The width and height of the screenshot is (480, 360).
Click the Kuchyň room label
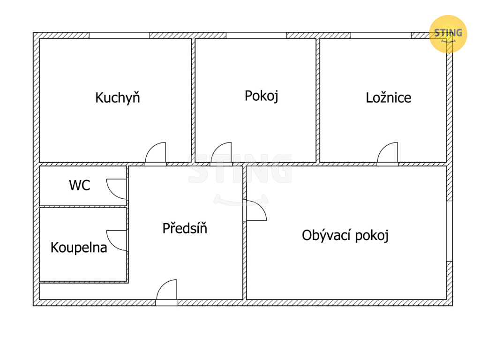click(x=118, y=97)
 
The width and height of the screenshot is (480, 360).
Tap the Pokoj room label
click(x=262, y=96)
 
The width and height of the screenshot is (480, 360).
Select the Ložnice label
click(x=389, y=97)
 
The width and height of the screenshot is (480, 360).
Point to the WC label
click(x=80, y=185)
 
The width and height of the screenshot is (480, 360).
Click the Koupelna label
click(x=79, y=247)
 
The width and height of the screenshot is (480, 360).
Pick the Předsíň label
click(x=185, y=228)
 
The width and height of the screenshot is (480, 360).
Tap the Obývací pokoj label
click(x=345, y=235)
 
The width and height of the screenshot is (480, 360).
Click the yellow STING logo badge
click(x=448, y=34)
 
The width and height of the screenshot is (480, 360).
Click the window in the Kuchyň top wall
click(x=120, y=35)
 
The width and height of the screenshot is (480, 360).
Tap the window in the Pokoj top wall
click(x=256, y=35)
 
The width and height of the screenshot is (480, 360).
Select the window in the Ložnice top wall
click(x=381, y=35)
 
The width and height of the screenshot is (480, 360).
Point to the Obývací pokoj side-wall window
click(x=449, y=231)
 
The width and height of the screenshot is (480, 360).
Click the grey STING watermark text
click(x=240, y=169)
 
